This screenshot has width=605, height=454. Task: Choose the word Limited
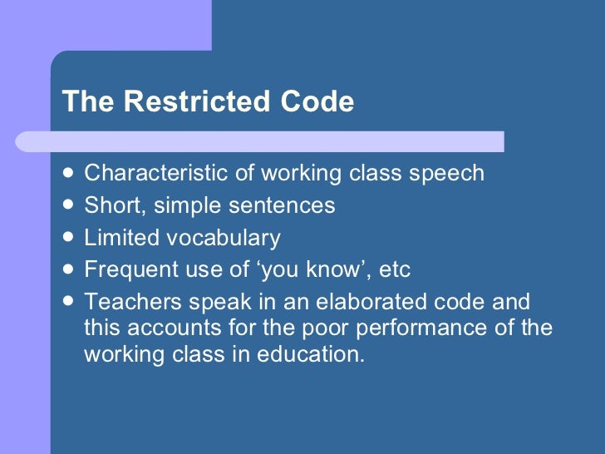(x=121, y=238)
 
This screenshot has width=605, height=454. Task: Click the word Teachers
(x=130, y=303)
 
